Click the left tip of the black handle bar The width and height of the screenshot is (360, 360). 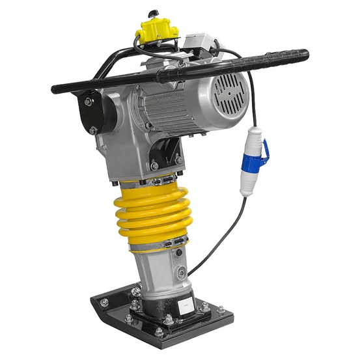click(56, 89)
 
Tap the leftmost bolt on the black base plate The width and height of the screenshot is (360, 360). click(104, 302)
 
